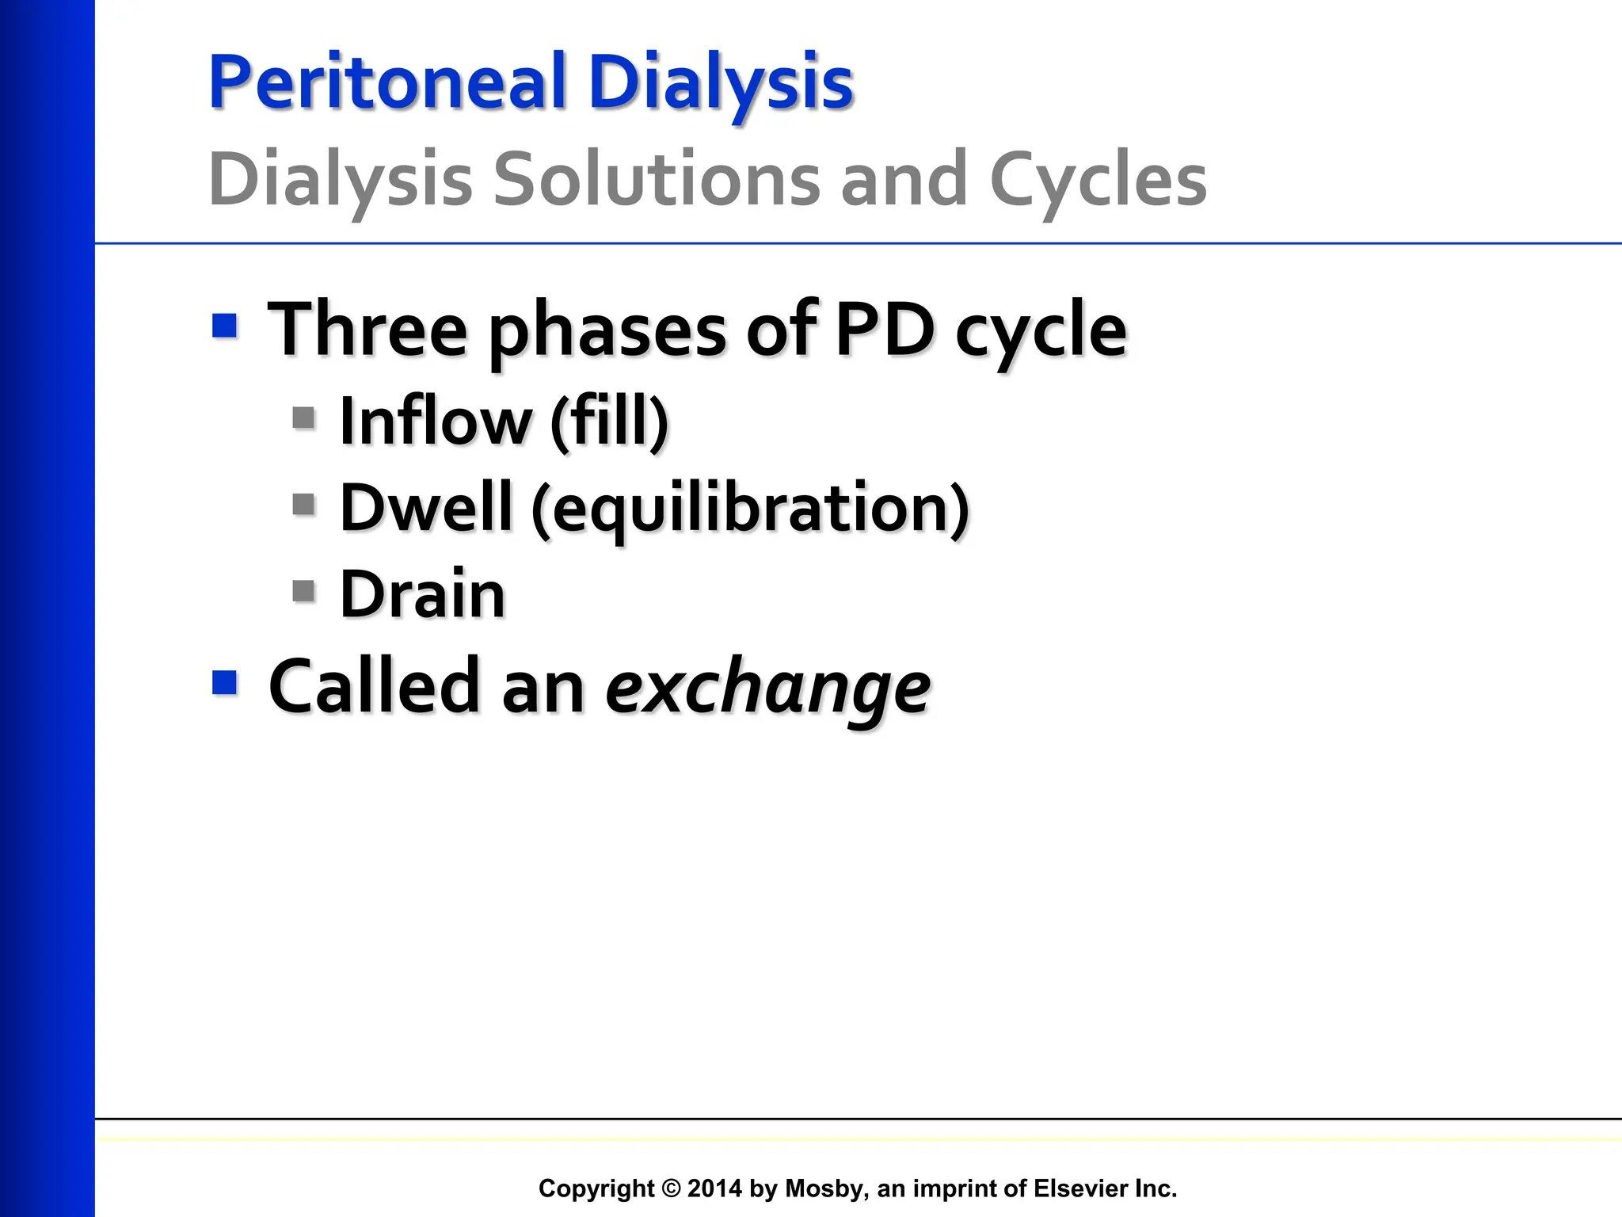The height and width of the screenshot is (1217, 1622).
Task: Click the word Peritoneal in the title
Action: [x=387, y=82]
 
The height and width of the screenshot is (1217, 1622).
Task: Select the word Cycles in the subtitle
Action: [x=1098, y=180]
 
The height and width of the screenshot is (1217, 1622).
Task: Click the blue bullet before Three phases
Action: [x=225, y=326]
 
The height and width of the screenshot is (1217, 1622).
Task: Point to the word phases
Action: [x=606, y=330]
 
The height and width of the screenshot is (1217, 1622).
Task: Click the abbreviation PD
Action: [x=885, y=329]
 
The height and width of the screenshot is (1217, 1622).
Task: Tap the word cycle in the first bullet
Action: [x=1040, y=332]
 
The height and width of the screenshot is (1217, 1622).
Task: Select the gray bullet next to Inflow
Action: [x=304, y=418]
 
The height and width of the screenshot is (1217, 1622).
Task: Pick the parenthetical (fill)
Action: [x=609, y=421]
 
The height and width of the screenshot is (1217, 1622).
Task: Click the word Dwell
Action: [x=426, y=507]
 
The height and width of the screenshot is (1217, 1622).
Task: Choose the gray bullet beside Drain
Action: [x=304, y=591]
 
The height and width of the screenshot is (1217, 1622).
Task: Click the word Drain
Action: [x=422, y=594]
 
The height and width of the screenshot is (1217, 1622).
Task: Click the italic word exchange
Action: [x=767, y=686]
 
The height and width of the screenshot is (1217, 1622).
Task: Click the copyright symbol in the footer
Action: [x=671, y=1188]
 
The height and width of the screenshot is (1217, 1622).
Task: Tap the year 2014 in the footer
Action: [x=714, y=1188]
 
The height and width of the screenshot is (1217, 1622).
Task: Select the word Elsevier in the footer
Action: [x=1082, y=1188]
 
